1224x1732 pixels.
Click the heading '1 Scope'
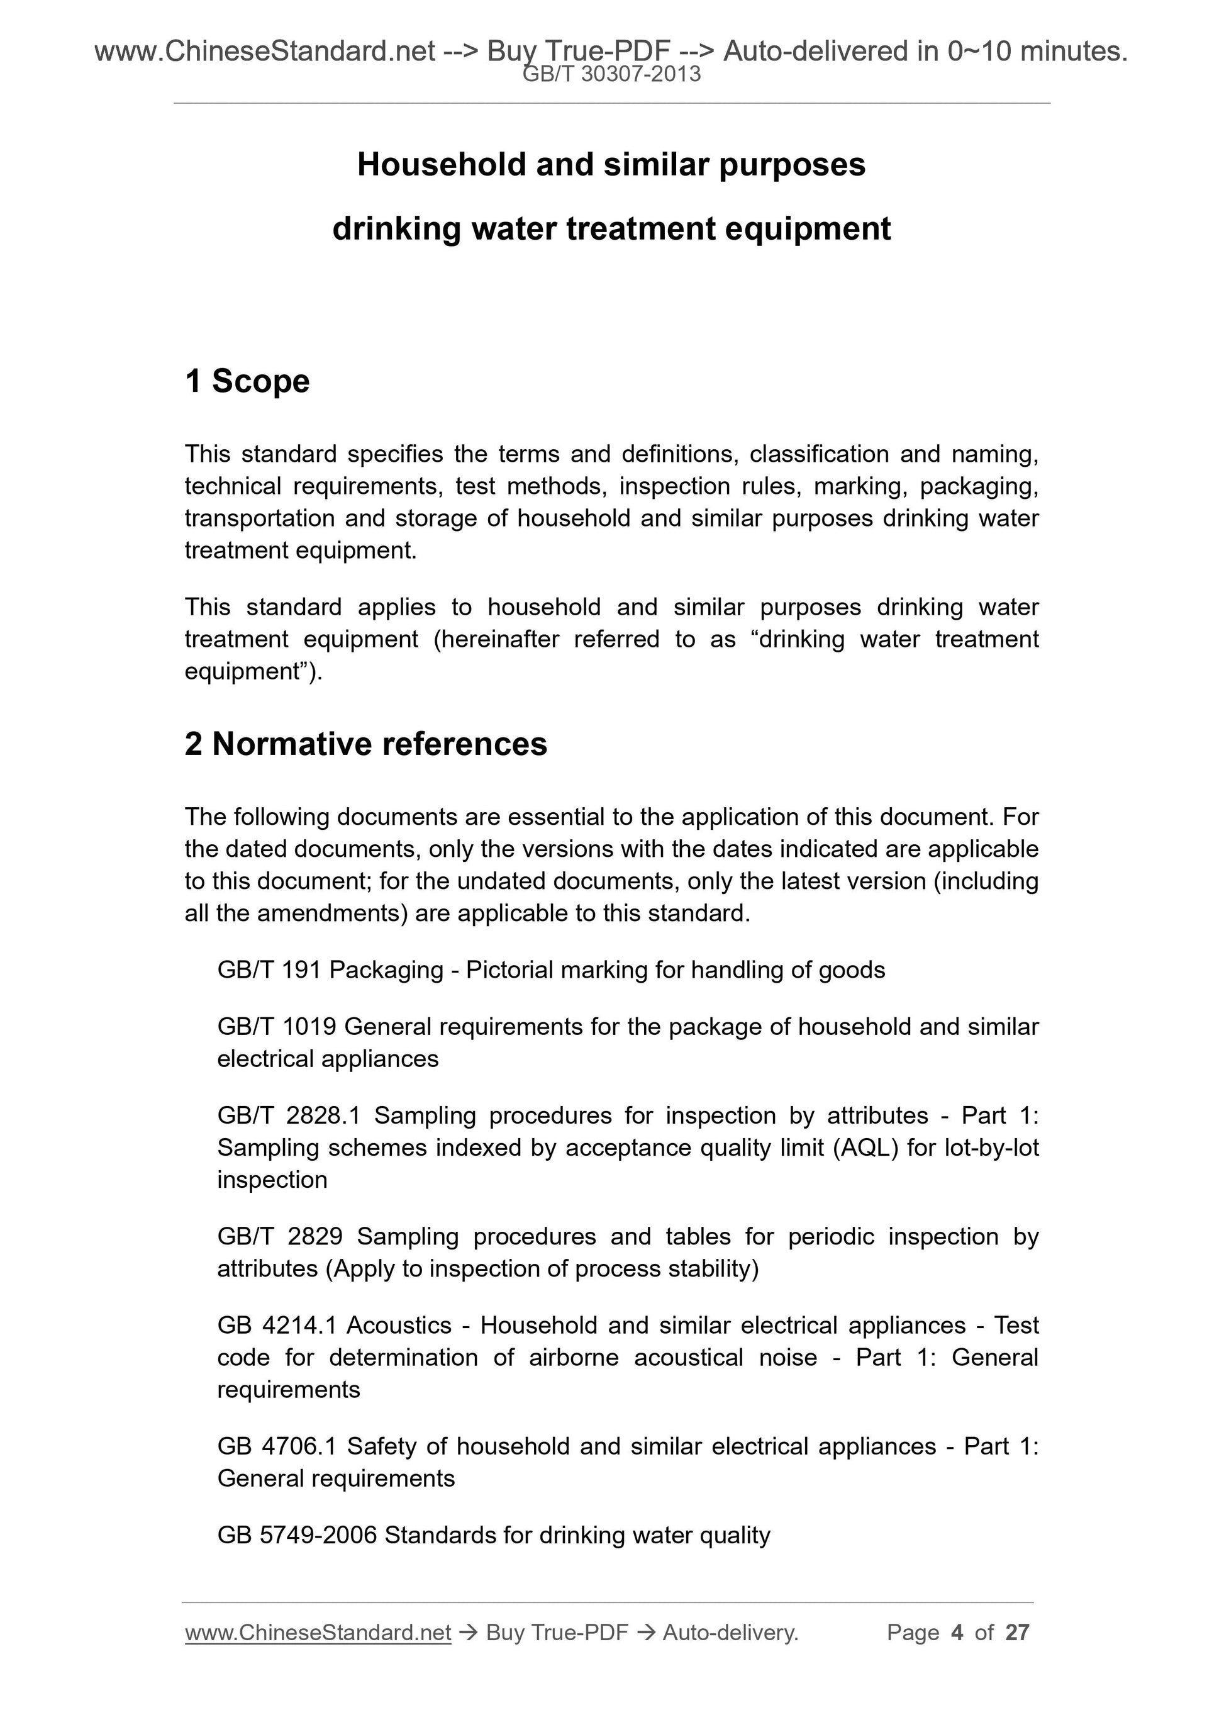click(247, 381)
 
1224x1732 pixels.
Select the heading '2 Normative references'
click(366, 744)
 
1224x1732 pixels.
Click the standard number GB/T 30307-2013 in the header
click(611, 74)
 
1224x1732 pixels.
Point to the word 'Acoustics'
click(399, 1326)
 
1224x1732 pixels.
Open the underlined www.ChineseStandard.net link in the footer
click(318, 1633)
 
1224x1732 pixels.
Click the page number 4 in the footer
click(957, 1633)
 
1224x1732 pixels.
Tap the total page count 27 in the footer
click(1017, 1633)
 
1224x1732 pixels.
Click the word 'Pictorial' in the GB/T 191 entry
click(508, 970)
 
